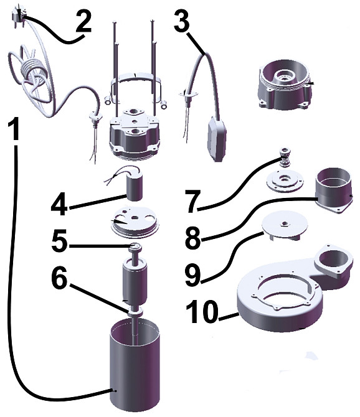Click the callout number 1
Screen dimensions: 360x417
tap(13, 129)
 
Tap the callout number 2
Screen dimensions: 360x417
tap(83, 22)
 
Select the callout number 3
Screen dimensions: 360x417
tap(182, 20)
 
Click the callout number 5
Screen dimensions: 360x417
tap(60, 241)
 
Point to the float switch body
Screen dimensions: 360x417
tap(217, 139)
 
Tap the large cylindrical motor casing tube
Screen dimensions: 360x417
tap(135, 367)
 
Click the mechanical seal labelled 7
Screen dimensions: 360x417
tap(285, 158)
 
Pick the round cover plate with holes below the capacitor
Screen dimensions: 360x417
tap(135, 222)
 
